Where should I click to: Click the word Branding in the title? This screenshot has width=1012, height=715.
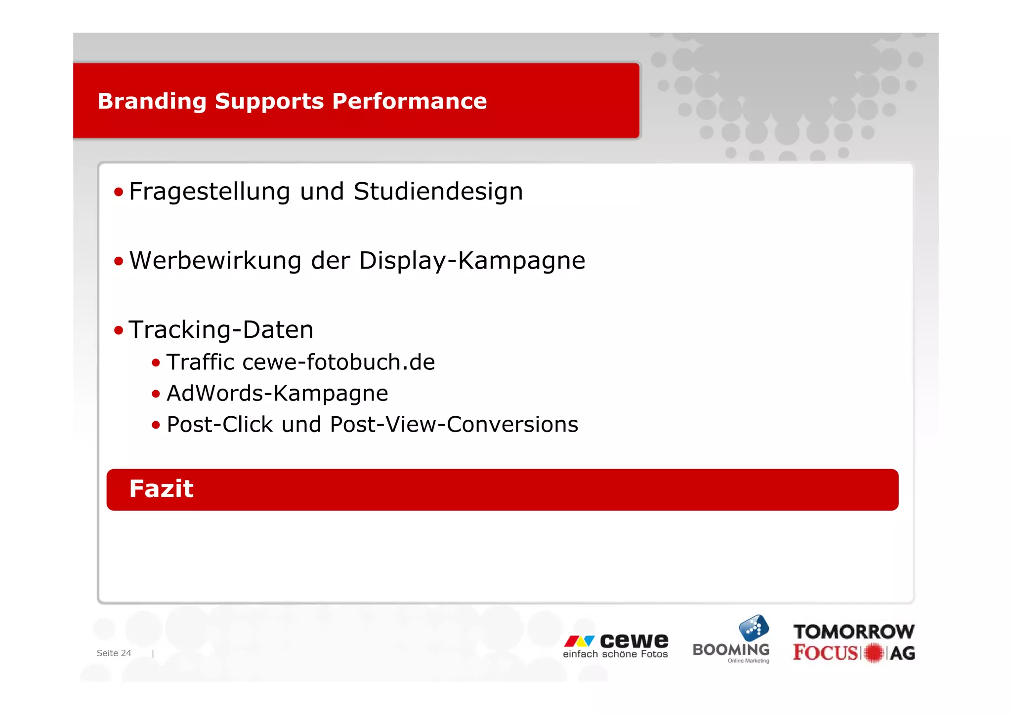151,102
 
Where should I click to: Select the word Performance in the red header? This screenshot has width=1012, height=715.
409,101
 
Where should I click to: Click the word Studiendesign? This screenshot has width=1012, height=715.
438,192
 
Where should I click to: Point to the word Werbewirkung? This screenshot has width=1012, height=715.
215,261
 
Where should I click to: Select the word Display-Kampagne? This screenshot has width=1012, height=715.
471,261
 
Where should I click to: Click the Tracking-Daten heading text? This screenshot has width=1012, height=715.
221,330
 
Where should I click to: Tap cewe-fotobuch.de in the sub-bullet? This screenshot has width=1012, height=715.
338,362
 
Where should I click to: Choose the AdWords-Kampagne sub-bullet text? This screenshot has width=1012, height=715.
277,394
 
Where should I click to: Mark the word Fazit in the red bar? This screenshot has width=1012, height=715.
161,489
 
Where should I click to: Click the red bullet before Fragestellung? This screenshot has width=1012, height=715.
119,192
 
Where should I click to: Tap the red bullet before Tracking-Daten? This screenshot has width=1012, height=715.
119,330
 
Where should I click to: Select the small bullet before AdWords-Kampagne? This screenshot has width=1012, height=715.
156,394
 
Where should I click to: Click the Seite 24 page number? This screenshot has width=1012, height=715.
114,653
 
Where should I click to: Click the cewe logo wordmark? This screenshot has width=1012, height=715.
633,640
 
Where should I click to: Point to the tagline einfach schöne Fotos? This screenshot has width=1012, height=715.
615,654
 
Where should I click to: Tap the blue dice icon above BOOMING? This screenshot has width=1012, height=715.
754,628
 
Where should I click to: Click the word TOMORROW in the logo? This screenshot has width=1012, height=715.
854,632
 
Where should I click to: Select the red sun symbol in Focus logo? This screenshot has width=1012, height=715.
874,653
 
